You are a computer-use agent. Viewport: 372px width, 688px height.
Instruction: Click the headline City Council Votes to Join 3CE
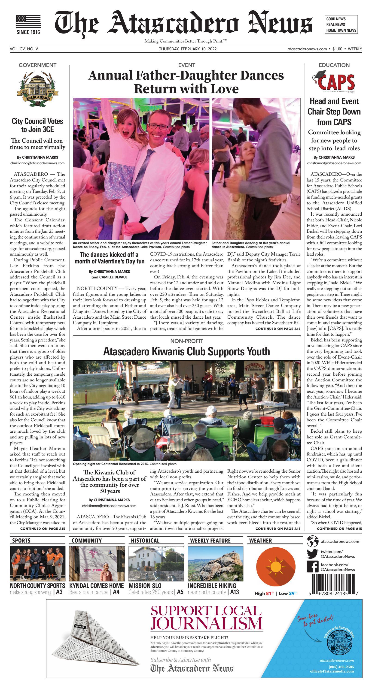tap(37, 125)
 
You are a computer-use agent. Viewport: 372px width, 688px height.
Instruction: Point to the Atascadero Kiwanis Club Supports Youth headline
tap(186, 351)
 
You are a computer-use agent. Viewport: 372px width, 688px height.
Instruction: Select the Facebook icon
tap(312, 567)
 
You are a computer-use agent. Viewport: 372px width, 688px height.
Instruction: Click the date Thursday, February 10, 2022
tap(188, 49)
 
